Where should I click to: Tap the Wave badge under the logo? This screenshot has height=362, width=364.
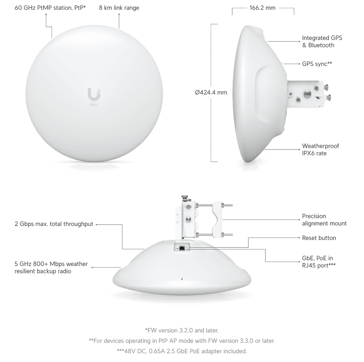[x=94, y=105]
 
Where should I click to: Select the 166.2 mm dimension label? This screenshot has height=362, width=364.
[x=262, y=8]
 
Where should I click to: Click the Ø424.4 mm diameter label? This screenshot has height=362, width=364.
[x=211, y=93]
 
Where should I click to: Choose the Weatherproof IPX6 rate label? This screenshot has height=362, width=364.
[x=321, y=150]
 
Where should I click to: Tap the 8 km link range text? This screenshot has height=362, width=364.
[x=119, y=7]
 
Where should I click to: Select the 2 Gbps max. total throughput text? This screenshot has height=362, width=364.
[x=54, y=224]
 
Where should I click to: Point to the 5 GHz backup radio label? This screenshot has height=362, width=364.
[x=51, y=267]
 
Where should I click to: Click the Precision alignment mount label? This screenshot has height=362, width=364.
[x=324, y=220]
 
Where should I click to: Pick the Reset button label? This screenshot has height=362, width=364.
[x=319, y=238]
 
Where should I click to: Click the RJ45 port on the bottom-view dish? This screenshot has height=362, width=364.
[x=182, y=248]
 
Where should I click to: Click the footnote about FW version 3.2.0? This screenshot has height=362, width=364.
[x=182, y=330]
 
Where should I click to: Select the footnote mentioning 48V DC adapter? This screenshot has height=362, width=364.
[x=182, y=351]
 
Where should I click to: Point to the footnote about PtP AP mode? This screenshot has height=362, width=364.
[x=182, y=341]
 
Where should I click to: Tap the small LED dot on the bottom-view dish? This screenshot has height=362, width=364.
[x=182, y=279]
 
